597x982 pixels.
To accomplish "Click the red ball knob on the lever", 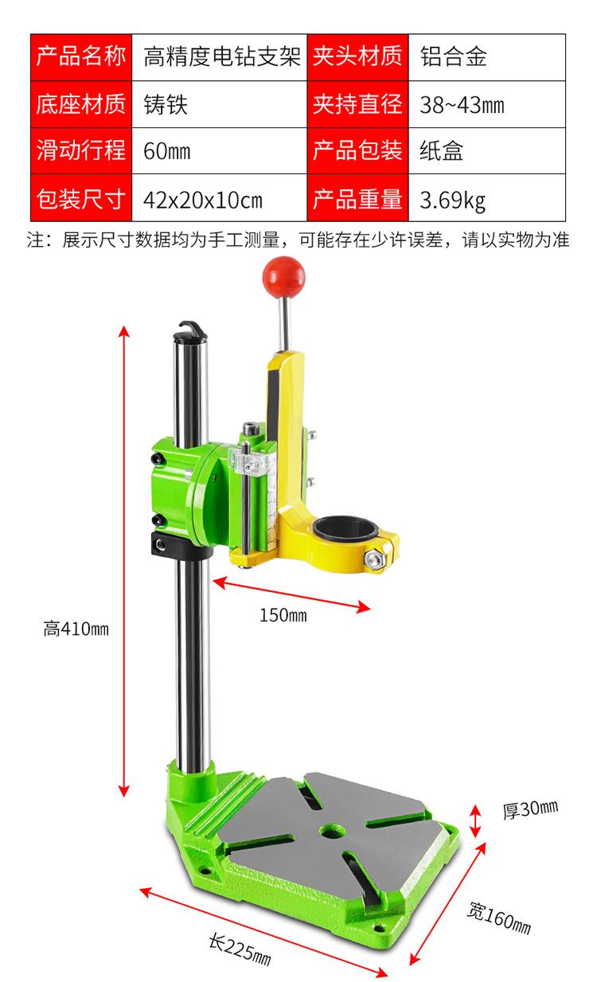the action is pyautogui.click(x=283, y=277).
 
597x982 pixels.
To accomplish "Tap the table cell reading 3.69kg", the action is pyautogui.click(x=487, y=197).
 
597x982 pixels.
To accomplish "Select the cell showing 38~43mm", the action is pyautogui.click(x=487, y=104).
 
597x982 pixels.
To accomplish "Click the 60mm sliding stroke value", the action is pyautogui.click(x=220, y=151).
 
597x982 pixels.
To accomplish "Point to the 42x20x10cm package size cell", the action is pyautogui.click(x=220, y=197).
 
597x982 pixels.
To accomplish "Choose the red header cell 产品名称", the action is pyautogui.click(x=81, y=57).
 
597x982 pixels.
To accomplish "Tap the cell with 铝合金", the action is pyautogui.click(x=487, y=57).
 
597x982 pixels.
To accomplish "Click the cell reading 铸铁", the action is pyautogui.click(x=220, y=104).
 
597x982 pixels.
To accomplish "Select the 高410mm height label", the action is pyautogui.click(x=76, y=629).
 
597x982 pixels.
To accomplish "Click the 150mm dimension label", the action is pyautogui.click(x=283, y=615).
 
